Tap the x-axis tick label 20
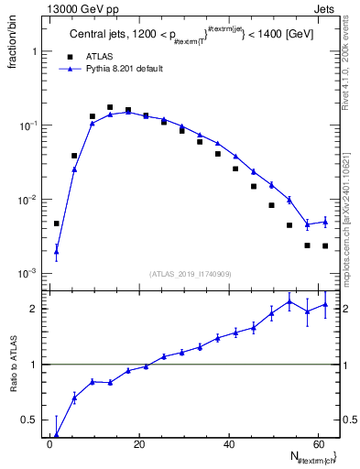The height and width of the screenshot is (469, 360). (x=138, y=444)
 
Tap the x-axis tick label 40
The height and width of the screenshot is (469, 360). (x=227, y=444)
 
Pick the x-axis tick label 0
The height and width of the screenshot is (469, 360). (x=50, y=444)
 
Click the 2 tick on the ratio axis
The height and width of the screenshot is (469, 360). (x=38, y=309)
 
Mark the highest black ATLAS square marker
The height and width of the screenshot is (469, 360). (x=110, y=107)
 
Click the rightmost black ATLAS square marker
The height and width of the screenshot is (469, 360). (x=325, y=245)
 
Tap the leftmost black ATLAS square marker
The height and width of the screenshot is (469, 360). (x=57, y=224)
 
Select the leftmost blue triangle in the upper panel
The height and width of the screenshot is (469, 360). (x=57, y=250)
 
